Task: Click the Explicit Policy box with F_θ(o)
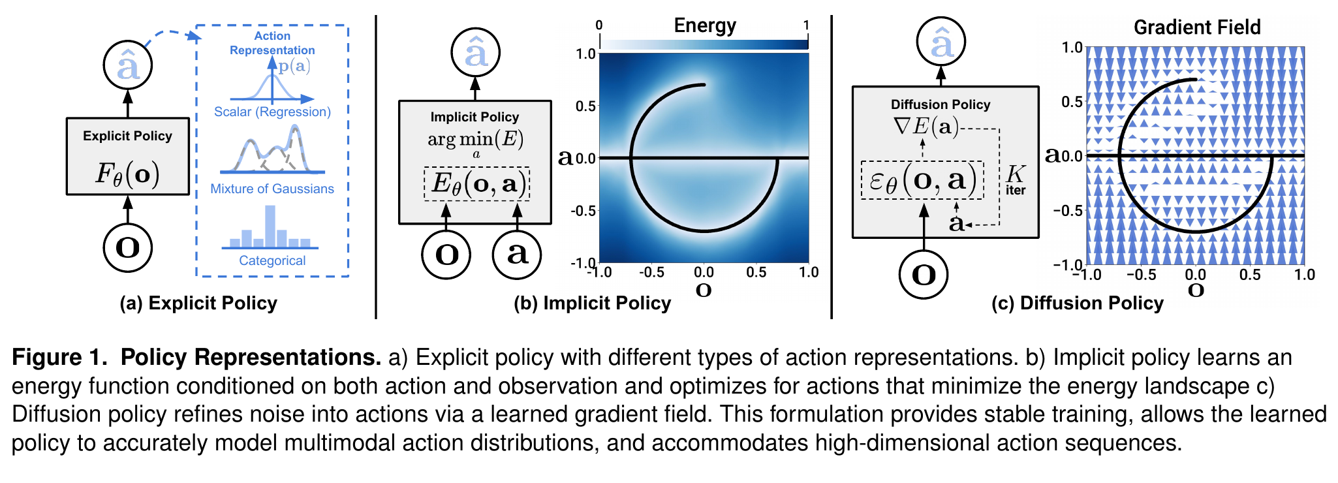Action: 128,157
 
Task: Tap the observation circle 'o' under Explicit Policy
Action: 128,247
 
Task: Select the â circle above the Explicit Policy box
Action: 128,65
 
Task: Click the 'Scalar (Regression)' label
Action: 272,112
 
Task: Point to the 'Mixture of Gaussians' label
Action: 272,189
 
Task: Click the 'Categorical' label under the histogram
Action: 272,260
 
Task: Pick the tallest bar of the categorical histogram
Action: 270,226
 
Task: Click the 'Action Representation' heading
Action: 272,43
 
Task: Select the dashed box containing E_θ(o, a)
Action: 476,184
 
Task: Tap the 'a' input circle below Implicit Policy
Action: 517,254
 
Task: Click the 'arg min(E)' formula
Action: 476,142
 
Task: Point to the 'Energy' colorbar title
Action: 705,25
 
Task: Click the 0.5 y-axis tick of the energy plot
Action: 585,106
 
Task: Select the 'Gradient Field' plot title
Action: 1197,27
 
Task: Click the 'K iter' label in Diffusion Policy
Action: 1016,179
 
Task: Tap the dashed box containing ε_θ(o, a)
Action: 922,180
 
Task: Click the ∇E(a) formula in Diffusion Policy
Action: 926,126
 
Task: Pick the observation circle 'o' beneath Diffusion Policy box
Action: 924,274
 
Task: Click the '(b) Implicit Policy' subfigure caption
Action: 592,304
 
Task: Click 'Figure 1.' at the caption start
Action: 59,357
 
